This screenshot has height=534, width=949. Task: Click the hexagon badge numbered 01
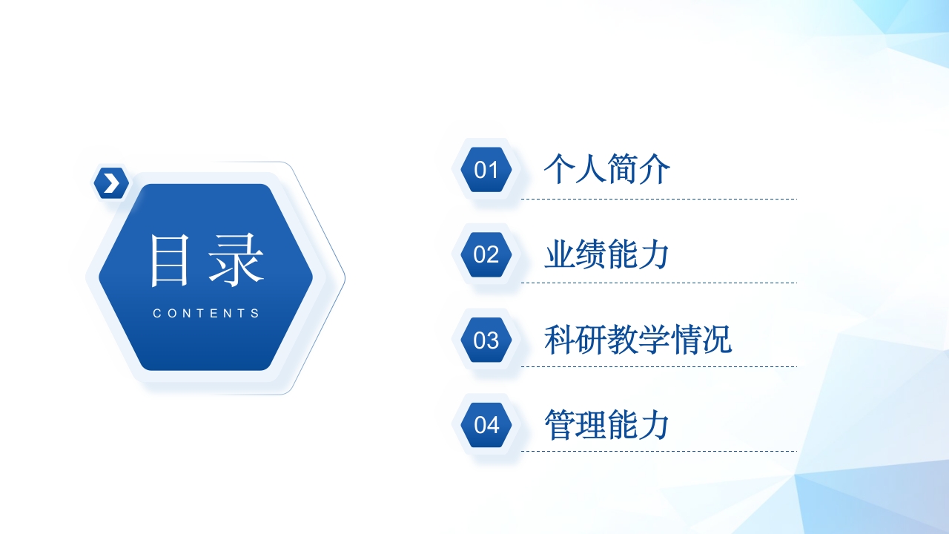coord(486,170)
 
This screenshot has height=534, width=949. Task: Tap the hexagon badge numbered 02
coord(486,254)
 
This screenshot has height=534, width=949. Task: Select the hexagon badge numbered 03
coord(486,340)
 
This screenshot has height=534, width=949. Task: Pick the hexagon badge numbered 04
coord(486,425)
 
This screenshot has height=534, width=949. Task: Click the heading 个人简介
coord(607,169)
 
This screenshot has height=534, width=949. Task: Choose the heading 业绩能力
coord(607,254)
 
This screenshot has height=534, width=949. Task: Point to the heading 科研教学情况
coord(638,340)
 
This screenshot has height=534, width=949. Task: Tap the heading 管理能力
coord(607,425)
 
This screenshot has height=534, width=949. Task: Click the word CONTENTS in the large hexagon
coord(206,313)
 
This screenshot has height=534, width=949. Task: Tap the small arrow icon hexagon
coord(111,182)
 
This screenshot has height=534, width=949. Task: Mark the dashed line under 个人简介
coord(658,199)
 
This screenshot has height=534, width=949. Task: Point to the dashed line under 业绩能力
coord(658,283)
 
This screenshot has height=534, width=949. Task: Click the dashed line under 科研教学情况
coord(658,366)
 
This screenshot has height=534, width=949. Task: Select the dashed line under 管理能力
coord(658,451)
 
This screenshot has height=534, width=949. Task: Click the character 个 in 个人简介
coord(560,169)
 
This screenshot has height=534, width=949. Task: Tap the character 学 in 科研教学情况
coord(654,340)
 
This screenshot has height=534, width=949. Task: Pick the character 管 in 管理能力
coord(560,425)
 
